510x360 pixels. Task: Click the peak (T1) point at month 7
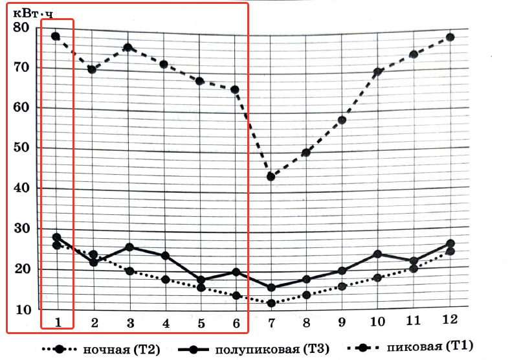(272, 176)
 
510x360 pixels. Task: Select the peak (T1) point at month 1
(56, 36)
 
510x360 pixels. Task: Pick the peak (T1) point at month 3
(128, 48)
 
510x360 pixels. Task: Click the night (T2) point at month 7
(272, 303)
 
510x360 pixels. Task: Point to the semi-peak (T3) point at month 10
(377, 254)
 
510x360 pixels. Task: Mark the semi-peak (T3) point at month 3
(129, 247)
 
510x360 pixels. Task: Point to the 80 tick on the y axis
(21, 27)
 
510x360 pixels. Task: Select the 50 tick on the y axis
(21, 148)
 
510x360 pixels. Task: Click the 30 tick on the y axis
(21, 229)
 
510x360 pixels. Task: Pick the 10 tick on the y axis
(21, 309)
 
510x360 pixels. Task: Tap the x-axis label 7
(272, 322)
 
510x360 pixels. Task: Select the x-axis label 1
(57, 322)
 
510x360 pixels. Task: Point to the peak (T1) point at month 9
(342, 120)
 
